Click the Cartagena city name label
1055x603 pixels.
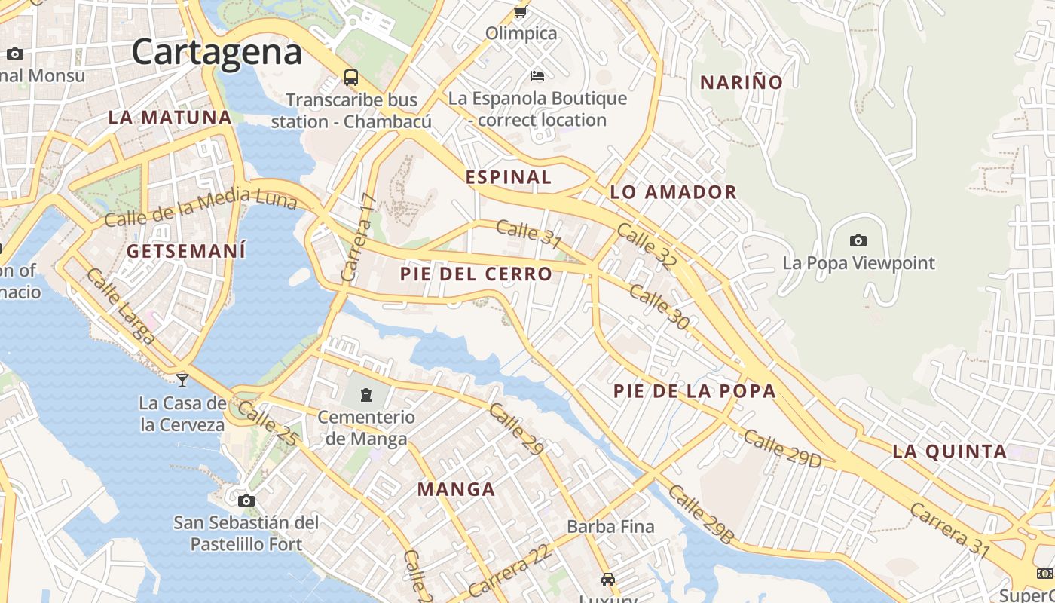pos(217,52)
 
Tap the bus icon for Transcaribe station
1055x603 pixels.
pos(351,77)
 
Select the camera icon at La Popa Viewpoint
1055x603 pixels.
pos(858,241)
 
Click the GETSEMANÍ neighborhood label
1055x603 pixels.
pos(186,251)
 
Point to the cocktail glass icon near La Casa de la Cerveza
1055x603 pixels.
pos(182,380)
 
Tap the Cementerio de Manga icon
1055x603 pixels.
pos(366,394)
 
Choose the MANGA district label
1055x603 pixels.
pos(456,490)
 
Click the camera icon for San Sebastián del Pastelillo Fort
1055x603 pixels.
pos(246,500)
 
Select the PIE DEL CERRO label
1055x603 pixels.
pos(476,274)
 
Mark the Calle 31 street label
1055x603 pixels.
pos(529,234)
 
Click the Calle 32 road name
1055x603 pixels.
pos(647,246)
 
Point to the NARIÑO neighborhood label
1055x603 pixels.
pos(742,82)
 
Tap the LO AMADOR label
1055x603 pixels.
pos(673,192)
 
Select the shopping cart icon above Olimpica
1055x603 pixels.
pos(520,11)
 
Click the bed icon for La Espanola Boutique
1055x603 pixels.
pos(537,75)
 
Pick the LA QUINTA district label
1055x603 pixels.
pos(949,451)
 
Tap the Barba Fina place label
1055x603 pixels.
pos(610,526)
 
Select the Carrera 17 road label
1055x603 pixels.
pos(358,237)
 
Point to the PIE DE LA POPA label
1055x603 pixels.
pos(694,390)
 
